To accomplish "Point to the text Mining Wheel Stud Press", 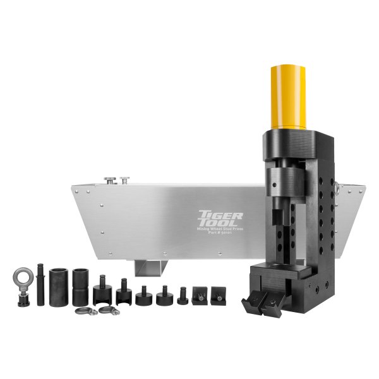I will (215, 233).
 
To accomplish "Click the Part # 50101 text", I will (215, 238).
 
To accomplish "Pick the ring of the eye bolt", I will (21, 277).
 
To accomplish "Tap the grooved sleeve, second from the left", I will (80, 286).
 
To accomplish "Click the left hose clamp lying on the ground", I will (86, 311).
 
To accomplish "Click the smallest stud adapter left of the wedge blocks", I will (183, 295).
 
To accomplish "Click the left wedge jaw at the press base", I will (254, 303).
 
